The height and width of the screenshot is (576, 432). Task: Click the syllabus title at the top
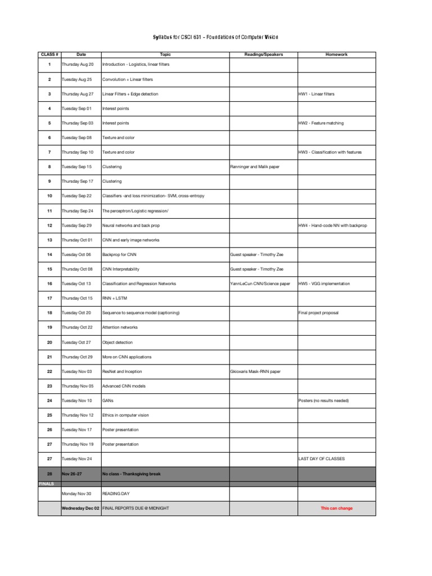[x=216, y=37]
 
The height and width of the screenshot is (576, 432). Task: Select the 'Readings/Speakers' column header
[x=263, y=55]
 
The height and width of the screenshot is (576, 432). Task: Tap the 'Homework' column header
[x=336, y=55]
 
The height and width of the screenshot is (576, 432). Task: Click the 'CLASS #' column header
[x=49, y=55]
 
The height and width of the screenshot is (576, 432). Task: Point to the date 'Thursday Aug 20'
[x=78, y=65]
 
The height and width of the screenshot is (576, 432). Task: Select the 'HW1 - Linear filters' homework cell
[x=316, y=94]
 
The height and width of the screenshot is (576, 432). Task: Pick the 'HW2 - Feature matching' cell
[x=321, y=123]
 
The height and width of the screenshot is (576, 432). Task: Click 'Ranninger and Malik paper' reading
[x=255, y=167]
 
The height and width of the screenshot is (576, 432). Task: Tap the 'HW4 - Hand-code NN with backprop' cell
[x=332, y=226]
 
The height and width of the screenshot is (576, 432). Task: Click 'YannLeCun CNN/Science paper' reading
[x=260, y=284]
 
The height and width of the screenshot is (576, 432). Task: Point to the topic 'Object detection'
[x=118, y=343]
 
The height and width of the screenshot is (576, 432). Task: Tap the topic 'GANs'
[x=107, y=401]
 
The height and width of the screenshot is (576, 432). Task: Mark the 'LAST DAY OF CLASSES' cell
[x=322, y=459]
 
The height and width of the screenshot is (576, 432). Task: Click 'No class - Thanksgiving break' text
[x=131, y=474]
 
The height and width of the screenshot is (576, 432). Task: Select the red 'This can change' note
[x=336, y=508]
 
